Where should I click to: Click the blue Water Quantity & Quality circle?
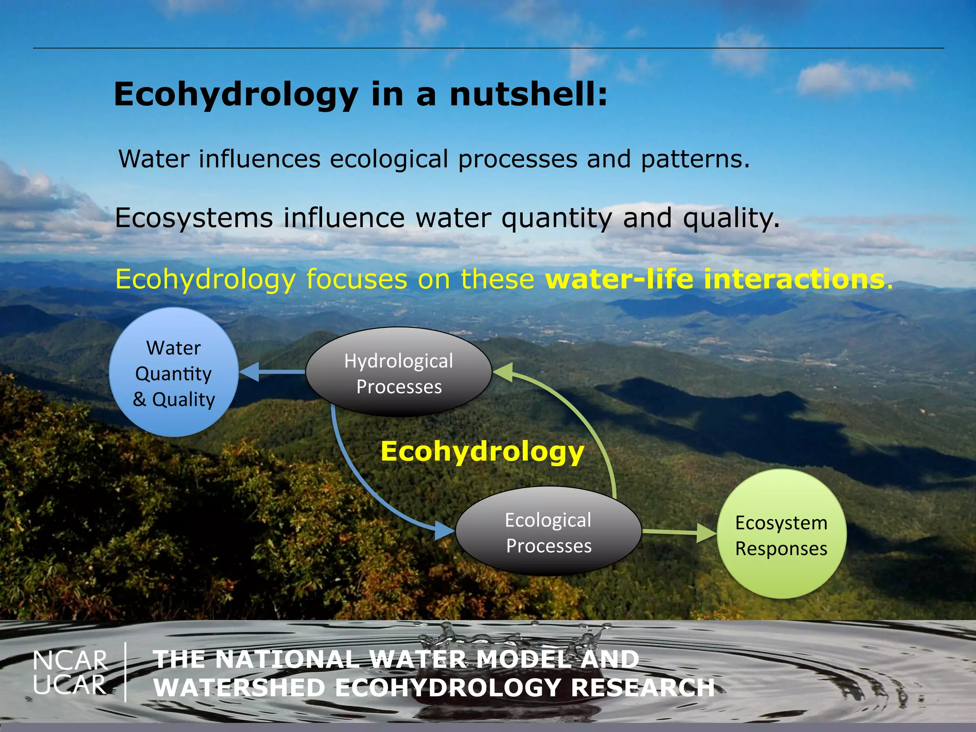point(174,372)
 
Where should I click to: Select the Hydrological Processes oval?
point(399,372)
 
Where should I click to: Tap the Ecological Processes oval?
point(549,532)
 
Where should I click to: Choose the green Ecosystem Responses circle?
point(782,534)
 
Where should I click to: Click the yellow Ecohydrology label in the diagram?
point(482,451)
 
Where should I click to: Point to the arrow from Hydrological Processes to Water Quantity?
point(272,372)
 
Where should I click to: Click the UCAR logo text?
point(70,685)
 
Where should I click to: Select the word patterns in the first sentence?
point(695,159)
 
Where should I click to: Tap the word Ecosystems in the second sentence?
point(194,218)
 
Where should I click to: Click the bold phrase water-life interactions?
point(715,279)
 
